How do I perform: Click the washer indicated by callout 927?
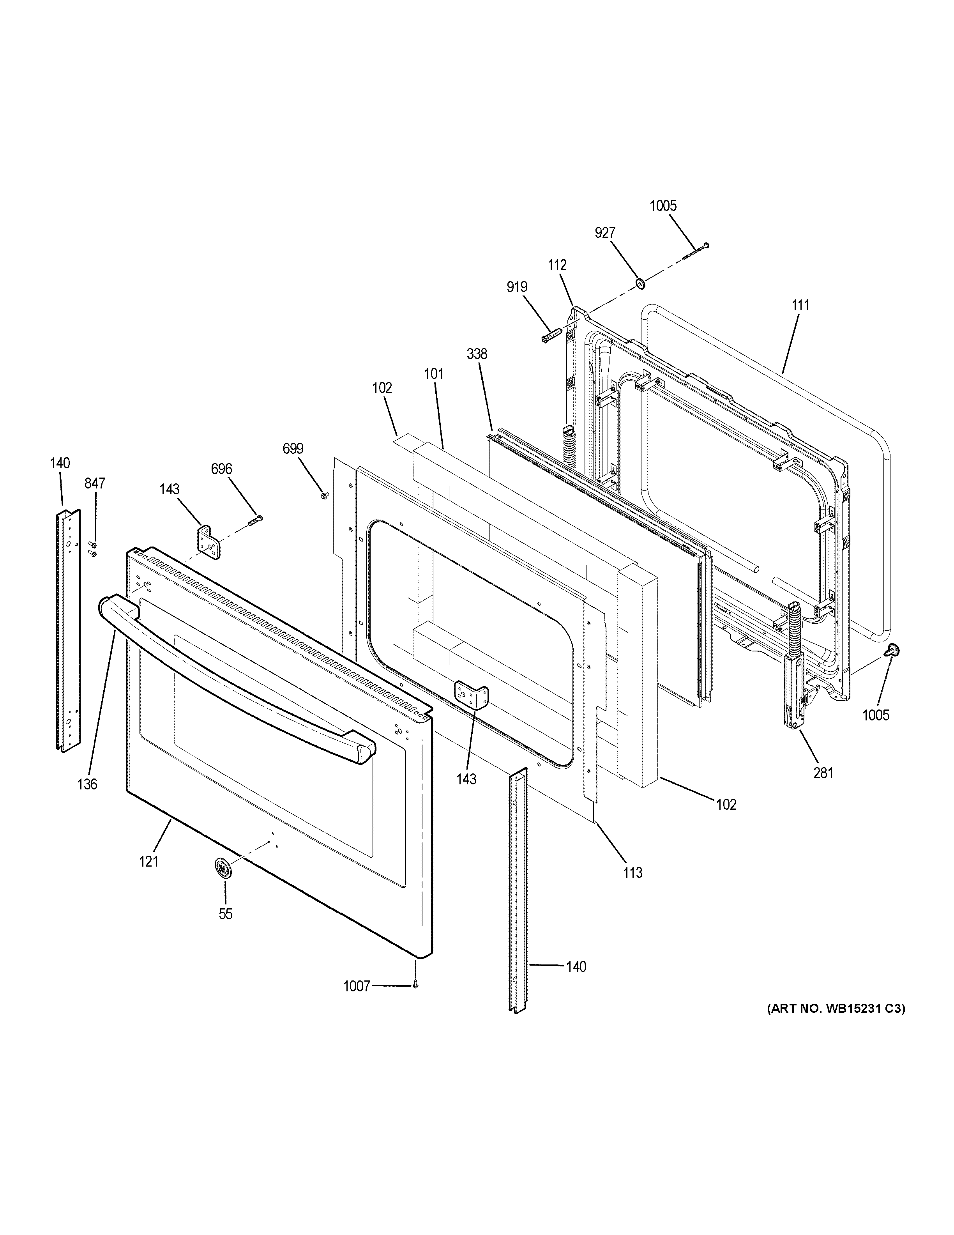(640, 282)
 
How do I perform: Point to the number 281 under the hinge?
(823, 772)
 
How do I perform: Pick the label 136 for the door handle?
(88, 784)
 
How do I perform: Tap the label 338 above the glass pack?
(477, 354)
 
